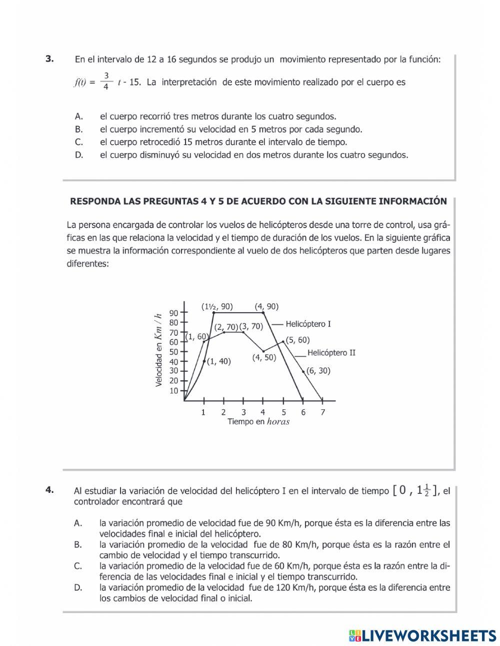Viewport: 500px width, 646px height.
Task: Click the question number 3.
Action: [49, 59]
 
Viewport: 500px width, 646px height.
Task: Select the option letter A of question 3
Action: [78, 117]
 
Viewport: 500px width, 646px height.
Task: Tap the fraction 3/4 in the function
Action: [106, 81]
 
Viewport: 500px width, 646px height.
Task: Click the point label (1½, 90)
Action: [216, 307]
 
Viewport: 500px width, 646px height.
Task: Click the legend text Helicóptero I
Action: [308, 324]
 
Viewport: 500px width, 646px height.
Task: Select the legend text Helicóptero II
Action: [331, 353]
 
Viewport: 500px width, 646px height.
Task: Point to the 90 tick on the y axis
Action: [173, 313]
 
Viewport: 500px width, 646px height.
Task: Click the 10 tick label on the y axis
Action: [173, 391]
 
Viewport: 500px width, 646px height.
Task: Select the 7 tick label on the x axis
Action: [322, 412]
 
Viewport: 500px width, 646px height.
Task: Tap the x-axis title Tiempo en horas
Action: [258, 422]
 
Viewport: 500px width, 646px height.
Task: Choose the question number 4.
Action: [49, 490]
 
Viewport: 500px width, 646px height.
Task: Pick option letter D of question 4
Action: [78, 587]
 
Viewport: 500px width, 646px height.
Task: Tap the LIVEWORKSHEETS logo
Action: [422, 635]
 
